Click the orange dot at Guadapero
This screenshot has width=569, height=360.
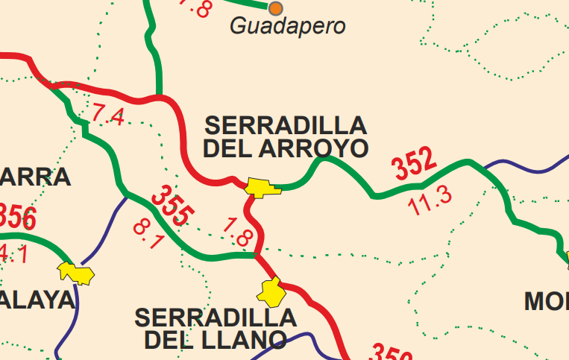[x=276, y=8]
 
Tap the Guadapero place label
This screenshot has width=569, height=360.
[x=288, y=27]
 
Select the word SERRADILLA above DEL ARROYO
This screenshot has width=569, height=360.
[x=286, y=124]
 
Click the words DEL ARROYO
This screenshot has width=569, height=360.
[x=286, y=148]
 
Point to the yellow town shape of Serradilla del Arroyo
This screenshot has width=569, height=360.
[x=263, y=187]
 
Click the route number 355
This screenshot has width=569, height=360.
[x=171, y=206]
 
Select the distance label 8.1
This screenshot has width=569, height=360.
[x=148, y=234]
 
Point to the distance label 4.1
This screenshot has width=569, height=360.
[x=13, y=253]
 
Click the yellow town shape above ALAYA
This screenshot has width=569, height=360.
[x=78, y=273]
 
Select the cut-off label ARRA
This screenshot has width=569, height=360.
[x=35, y=177]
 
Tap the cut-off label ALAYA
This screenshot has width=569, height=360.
[x=37, y=300]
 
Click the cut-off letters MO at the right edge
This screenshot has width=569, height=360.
[x=546, y=301]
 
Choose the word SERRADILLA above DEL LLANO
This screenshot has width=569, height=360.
[x=216, y=318]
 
